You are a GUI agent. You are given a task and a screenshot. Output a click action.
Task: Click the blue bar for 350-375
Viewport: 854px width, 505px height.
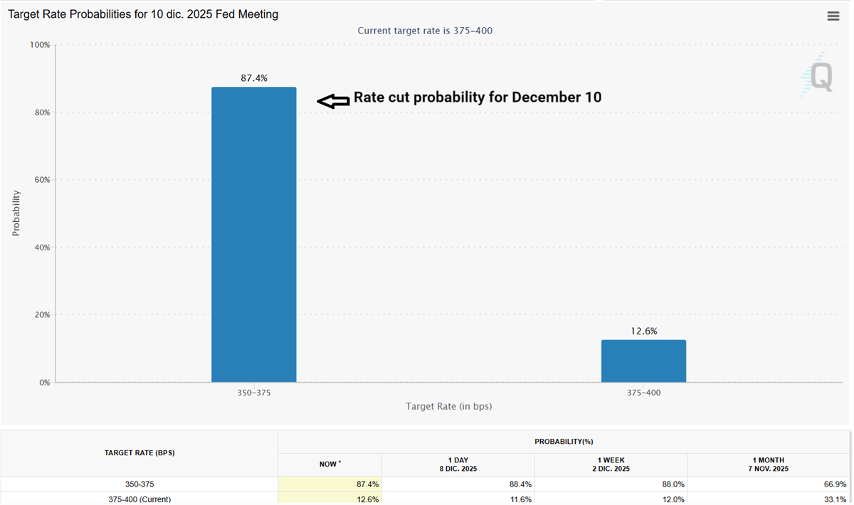[x=253, y=235]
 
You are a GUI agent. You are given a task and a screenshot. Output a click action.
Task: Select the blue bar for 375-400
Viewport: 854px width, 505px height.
[x=643, y=361]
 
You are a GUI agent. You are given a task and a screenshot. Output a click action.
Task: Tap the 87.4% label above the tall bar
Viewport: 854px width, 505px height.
[x=253, y=78]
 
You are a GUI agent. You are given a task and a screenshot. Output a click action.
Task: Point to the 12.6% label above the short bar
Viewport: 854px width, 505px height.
[x=643, y=331]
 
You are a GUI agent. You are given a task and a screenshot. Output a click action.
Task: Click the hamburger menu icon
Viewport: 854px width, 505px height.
[x=833, y=16]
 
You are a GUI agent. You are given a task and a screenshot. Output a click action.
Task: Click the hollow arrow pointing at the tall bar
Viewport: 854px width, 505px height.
[x=333, y=102]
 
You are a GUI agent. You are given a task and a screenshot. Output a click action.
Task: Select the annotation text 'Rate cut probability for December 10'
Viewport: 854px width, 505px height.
[x=478, y=97]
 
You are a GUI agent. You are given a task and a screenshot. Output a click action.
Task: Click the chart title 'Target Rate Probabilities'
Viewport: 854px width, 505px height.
[x=143, y=14]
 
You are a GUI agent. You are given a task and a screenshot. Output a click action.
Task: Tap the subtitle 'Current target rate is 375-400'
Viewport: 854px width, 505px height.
[x=425, y=31]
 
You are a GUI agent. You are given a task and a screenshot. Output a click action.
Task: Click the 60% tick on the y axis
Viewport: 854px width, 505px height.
[x=41, y=180]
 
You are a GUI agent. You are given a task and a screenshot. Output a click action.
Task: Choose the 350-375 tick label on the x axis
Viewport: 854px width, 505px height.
[x=253, y=393]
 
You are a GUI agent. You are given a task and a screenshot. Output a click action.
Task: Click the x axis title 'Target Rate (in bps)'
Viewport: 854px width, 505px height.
[x=448, y=406]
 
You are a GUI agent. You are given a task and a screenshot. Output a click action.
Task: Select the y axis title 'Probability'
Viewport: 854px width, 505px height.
[x=16, y=213]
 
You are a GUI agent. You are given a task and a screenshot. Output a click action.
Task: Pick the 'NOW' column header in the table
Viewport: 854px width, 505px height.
[x=330, y=464]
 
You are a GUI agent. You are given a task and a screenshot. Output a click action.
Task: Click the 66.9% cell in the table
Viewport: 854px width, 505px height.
[x=833, y=484]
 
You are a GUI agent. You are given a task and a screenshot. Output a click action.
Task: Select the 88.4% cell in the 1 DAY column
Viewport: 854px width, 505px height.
[x=520, y=484]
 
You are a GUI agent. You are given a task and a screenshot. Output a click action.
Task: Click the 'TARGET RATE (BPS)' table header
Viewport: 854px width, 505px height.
[x=139, y=452]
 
